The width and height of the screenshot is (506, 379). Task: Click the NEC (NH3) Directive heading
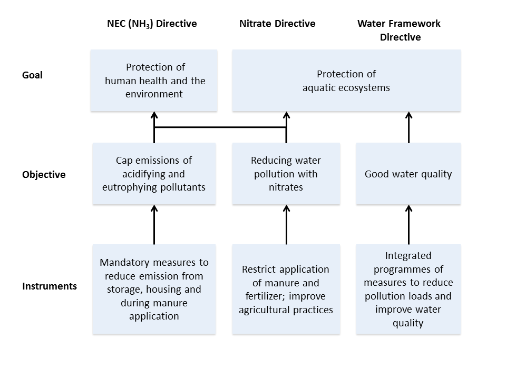click(x=152, y=24)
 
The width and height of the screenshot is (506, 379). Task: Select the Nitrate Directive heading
click(x=277, y=24)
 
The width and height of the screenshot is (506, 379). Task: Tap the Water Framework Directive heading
click(x=400, y=31)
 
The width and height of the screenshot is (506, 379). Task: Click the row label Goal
click(x=32, y=75)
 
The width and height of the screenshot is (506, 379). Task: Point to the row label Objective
click(x=44, y=175)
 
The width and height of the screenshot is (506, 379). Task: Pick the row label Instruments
click(x=50, y=286)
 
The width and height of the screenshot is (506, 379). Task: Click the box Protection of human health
click(x=154, y=81)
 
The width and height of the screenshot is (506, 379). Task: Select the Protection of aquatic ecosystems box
click(x=346, y=81)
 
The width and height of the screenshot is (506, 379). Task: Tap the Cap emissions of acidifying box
click(x=154, y=174)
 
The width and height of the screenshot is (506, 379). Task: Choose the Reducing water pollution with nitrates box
click(x=286, y=174)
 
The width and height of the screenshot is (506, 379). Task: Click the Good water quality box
click(x=408, y=174)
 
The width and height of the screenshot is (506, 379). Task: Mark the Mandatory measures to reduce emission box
click(x=154, y=289)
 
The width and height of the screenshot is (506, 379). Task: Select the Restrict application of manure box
click(x=286, y=289)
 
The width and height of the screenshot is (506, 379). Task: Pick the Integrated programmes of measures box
click(x=408, y=289)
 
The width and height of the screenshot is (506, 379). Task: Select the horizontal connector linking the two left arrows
click(x=220, y=127)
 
